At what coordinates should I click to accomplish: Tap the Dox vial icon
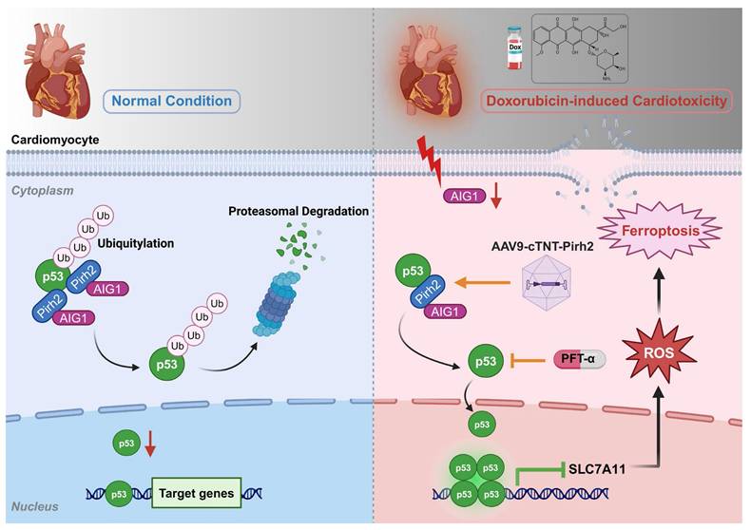(513, 47)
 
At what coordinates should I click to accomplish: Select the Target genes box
(195, 491)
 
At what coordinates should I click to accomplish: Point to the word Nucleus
(34, 506)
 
